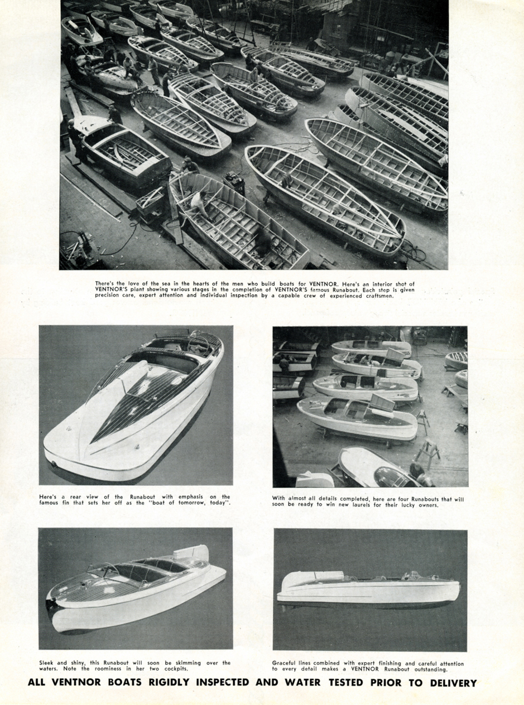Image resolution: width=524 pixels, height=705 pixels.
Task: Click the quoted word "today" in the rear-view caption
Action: (x=217, y=503)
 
